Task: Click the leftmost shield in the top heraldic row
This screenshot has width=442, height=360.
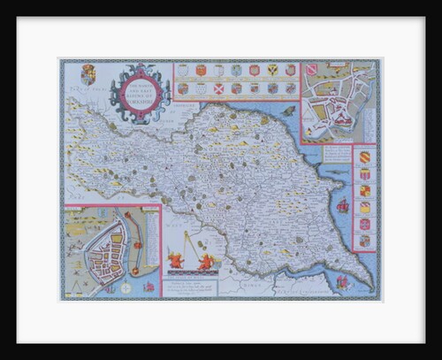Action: coord(183,70)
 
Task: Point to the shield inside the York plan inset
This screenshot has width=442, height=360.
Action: coord(311,69)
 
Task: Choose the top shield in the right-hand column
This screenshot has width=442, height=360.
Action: coord(363,157)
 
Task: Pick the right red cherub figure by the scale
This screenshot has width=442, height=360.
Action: coord(206,261)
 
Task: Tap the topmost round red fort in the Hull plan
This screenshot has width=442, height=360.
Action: coord(127,215)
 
